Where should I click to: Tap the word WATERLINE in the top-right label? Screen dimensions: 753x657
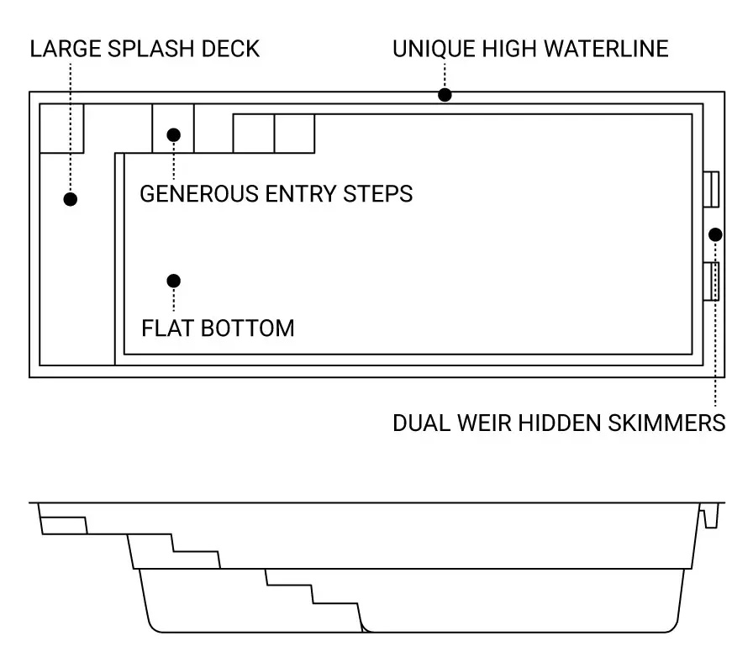606,49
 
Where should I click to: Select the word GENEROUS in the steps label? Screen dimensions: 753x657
199,194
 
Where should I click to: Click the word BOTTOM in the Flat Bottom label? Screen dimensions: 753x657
247,328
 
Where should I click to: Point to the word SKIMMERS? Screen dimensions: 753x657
666,423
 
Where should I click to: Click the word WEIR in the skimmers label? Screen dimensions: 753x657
485,423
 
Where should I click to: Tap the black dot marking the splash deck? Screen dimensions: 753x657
71,199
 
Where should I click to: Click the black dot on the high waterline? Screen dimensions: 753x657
445,95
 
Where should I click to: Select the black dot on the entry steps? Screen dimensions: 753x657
174,135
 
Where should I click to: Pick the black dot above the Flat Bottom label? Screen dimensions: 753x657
174,281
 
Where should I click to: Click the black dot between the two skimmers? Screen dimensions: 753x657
715,234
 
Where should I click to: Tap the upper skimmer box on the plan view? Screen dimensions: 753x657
711,189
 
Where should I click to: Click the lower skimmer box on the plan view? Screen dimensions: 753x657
711,281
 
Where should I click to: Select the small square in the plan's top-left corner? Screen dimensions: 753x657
61,129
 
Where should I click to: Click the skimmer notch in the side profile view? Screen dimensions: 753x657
710,516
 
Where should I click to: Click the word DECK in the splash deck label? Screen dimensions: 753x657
230,49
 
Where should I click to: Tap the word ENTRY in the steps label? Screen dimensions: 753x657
301,194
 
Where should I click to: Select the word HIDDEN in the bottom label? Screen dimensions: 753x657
560,423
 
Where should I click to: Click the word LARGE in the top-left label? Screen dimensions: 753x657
66,49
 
